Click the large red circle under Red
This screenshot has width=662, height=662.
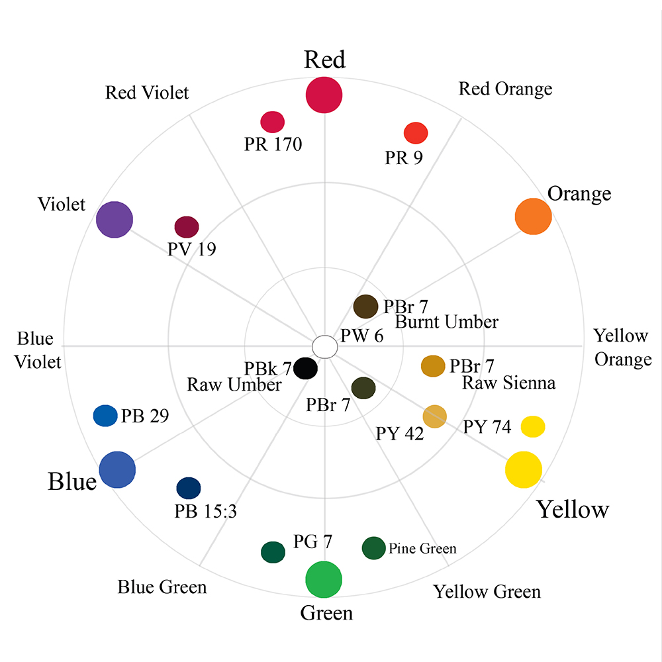pyautogui.click(x=324, y=95)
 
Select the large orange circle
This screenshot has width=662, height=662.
pyautogui.click(x=533, y=216)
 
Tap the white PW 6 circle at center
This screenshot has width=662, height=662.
pyautogui.click(x=324, y=346)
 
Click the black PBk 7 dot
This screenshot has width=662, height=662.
pyautogui.click(x=305, y=368)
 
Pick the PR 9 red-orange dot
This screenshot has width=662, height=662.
pyautogui.click(x=416, y=132)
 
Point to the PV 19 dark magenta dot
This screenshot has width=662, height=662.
pyautogui.click(x=187, y=226)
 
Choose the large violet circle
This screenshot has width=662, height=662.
pyautogui.click(x=115, y=219)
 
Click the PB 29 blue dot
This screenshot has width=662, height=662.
pyautogui.click(x=105, y=416)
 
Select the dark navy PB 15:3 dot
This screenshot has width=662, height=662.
pyautogui.click(x=189, y=488)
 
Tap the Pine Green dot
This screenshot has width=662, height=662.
pyautogui.click(x=373, y=548)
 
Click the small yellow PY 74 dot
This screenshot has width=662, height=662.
pyautogui.click(x=533, y=426)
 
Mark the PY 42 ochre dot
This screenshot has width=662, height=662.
pyautogui.click(x=435, y=416)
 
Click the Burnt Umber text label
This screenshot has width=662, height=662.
pyautogui.click(x=446, y=322)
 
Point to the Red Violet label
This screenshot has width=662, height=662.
pyautogui.click(x=147, y=93)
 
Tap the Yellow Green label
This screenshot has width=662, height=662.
pyautogui.click(x=487, y=591)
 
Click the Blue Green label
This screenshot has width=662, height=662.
pyautogui.click(x=162, y=587)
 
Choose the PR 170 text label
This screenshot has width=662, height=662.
pyautogui.click(x=273, y=144)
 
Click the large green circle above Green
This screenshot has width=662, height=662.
pyautogui.click(x=324, y=579)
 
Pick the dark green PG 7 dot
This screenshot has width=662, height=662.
pyautogui.click(x=273, y=552)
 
